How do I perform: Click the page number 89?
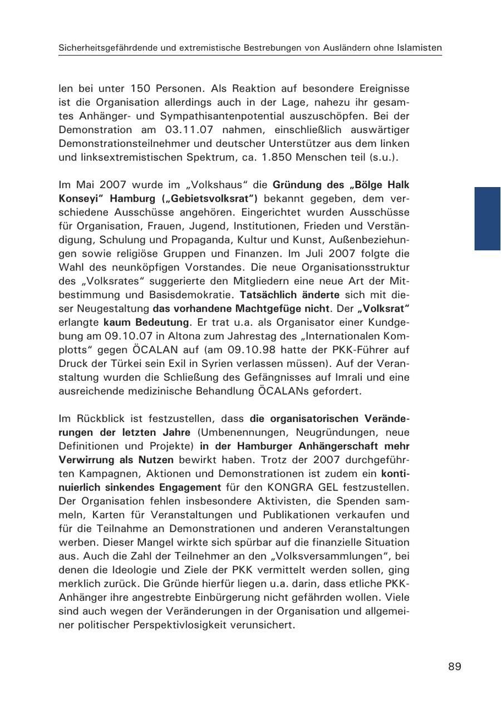click(455, 666)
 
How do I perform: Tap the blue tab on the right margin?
click(487, 218)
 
